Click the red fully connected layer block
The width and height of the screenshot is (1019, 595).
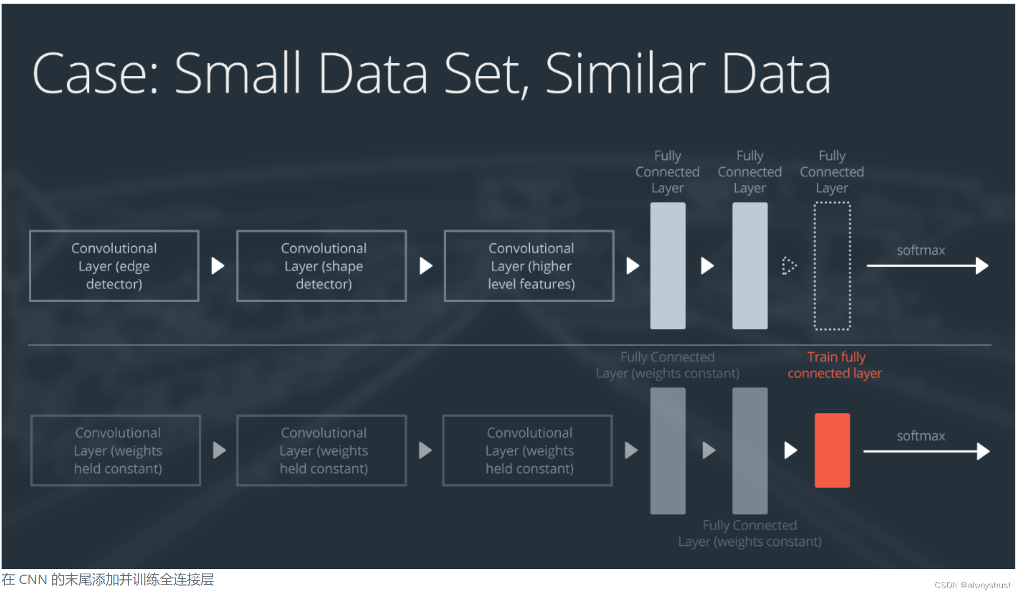[x=832, y=450]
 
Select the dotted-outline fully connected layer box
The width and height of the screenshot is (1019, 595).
[x=832, y=266]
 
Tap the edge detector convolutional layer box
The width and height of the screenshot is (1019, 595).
[x=114, y=266]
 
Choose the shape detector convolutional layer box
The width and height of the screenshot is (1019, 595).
[x=322, y=266]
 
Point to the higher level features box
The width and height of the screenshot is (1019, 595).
[x=529, y=266]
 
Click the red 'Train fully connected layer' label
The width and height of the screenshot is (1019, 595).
[x=835, y=365]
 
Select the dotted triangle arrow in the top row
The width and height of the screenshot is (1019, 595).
[x=788, y=266]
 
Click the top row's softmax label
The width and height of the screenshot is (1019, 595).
[x=921, y=250]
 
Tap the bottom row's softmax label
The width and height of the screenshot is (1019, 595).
[x=921, y=436]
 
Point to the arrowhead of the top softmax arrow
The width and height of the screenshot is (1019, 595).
[x=982, y=266]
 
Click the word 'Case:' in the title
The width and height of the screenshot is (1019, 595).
[x=95, y=74]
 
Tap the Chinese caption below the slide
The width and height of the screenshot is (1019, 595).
[x=108, y=580]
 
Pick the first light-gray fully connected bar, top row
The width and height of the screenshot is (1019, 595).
[x=667, y=266]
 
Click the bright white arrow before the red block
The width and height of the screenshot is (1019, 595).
[x=790, y=450]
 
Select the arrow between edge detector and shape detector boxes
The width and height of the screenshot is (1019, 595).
[x=218, y=266]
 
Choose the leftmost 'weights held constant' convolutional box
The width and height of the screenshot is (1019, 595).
[x=116, y=450]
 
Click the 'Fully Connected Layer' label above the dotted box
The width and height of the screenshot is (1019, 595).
[x=832, y=172]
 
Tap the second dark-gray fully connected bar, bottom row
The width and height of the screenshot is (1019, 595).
[x=750, y=450]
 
